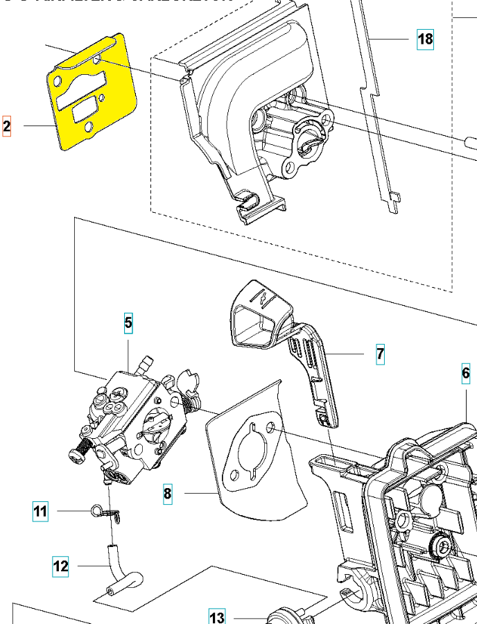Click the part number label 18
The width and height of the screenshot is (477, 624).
tap(425, 39)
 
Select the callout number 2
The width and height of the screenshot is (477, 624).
tap(7, 126)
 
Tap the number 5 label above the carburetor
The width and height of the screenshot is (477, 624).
tap(128, 322)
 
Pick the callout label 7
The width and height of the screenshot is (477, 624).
tap(380, 354)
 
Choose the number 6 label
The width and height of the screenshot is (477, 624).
tap(466, 374)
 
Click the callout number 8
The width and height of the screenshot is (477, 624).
tap(167, 494)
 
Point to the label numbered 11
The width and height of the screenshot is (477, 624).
tap(40, 512)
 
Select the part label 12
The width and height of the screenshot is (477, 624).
tap(61, 566)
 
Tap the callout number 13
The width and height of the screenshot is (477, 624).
tap(217, 617)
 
